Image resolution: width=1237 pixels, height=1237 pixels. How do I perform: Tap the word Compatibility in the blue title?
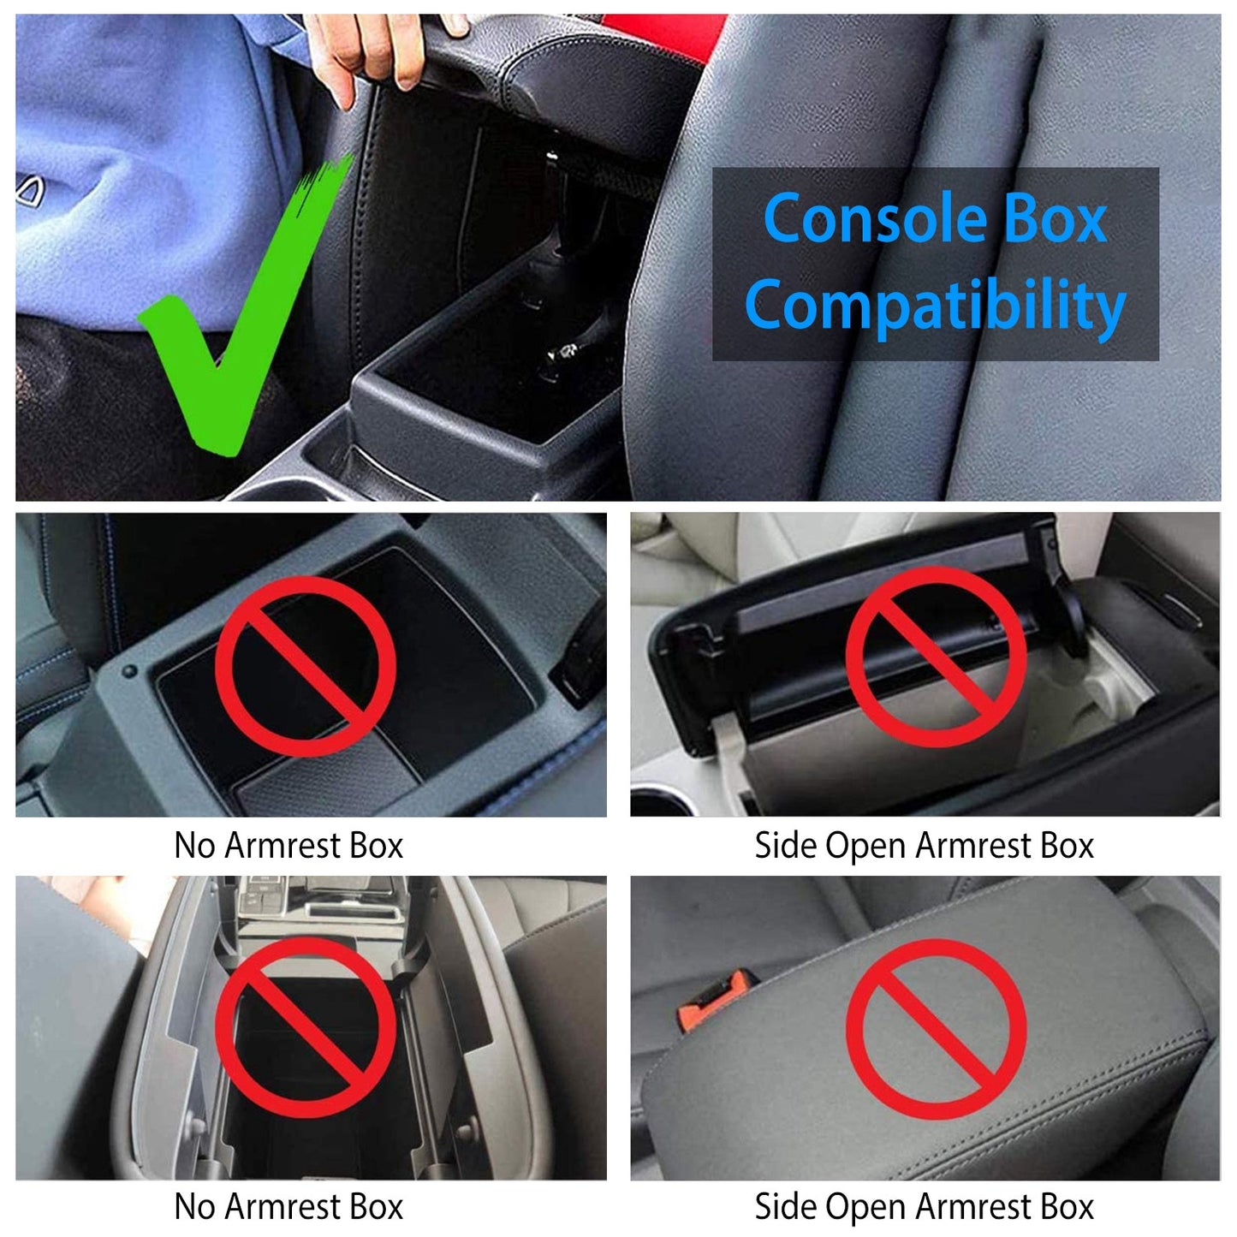[935, 306]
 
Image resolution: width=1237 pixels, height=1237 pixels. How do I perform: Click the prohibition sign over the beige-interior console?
[936, 657]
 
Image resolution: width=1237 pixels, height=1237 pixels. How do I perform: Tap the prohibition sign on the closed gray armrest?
[936, 1028]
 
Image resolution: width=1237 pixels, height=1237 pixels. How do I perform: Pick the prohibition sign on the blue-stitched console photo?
[305, 666]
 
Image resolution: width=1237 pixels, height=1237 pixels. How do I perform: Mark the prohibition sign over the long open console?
[305, 1027]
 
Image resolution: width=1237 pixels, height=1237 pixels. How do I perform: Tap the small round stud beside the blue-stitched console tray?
[129, 671]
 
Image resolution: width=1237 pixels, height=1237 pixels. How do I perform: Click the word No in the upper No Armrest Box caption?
[194, 846]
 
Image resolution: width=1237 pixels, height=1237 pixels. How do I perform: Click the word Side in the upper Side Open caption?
[785, 846]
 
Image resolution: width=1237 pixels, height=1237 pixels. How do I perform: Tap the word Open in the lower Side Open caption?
[866, 1207]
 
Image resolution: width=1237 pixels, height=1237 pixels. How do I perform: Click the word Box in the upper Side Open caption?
[1068, 846]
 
